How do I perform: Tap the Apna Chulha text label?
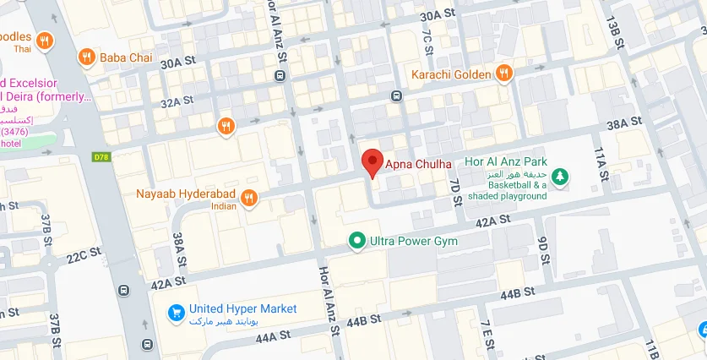point(419,163)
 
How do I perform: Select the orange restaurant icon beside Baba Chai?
point(86,57)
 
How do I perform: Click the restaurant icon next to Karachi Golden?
point(503,74)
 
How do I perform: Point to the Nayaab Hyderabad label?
point(185,193)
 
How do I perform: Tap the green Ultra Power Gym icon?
point(357,241)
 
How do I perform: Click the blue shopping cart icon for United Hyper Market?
point(177,311)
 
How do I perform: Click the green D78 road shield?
point(101,157)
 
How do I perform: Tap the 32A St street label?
point(177,102)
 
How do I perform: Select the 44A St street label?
point(272,335)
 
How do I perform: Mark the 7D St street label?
point(455,191)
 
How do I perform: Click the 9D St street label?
point(543,245)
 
